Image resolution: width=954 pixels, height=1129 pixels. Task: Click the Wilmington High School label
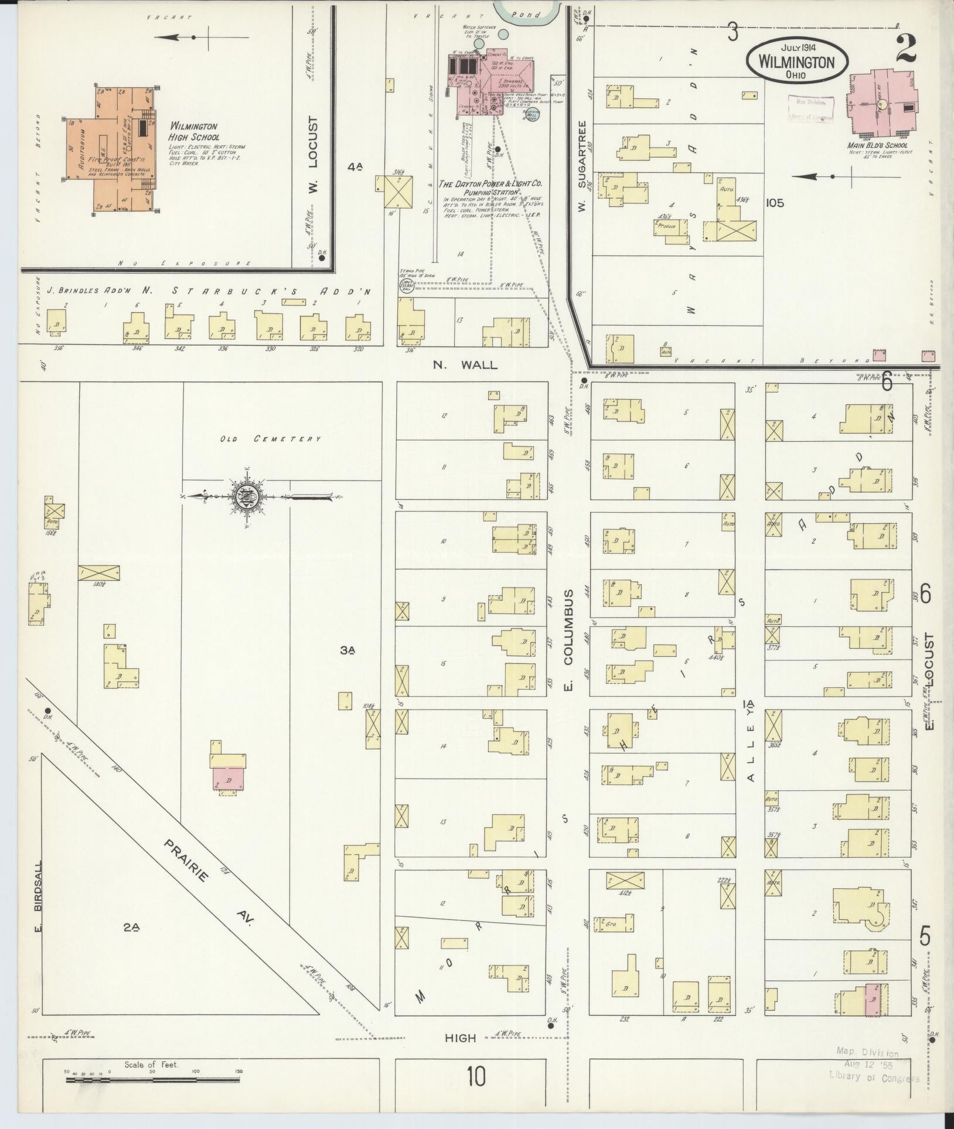(194, 132)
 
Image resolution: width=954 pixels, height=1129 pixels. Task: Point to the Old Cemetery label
(270, 439)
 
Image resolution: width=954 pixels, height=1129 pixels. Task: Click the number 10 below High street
(477, 1076)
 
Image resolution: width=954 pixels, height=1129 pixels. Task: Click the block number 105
(774, 203)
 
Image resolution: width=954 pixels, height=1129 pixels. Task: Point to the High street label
(461, 1038)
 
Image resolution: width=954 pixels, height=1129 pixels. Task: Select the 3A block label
(349, 650)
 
